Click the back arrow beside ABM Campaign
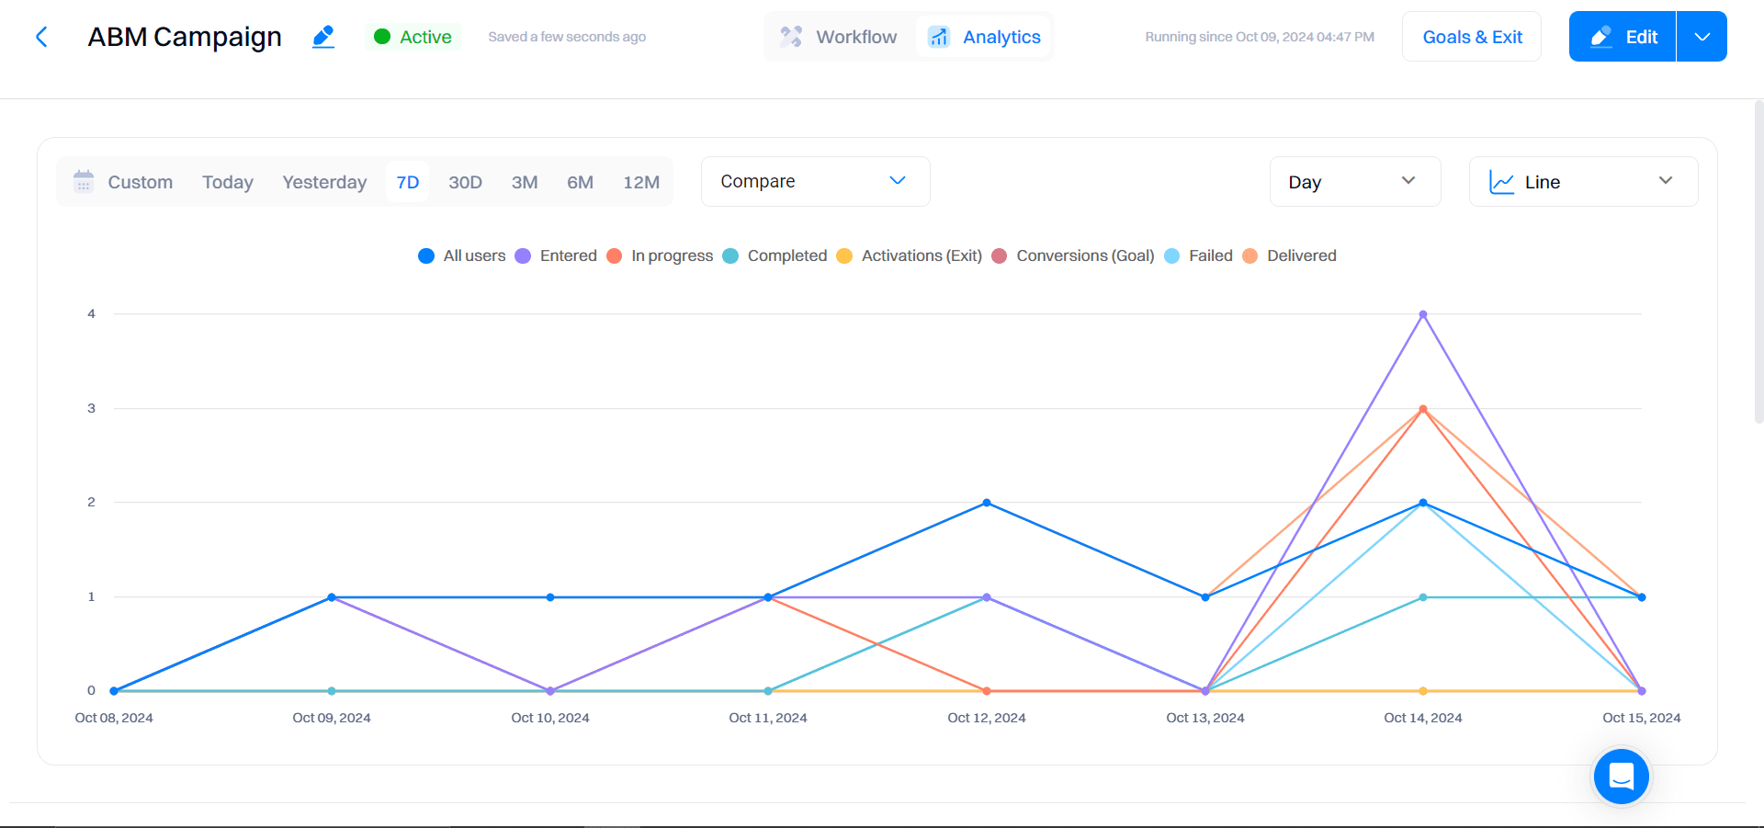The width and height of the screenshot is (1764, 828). pos(41,37)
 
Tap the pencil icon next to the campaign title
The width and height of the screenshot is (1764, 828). pos(323,37)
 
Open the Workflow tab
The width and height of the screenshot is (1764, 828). pos(839,37)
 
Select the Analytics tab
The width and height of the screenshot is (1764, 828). pos(984,37)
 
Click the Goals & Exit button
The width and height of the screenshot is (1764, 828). pos(1472,37)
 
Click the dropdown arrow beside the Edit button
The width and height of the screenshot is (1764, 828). pos(1702,37)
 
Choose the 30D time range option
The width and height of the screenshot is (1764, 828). pos(465,182)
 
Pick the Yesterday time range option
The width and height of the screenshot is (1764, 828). pos(324,182)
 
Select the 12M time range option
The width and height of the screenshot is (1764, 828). pos(641,182)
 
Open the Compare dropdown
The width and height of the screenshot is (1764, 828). pos(815,181)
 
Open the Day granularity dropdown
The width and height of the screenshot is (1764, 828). pos(1354,182)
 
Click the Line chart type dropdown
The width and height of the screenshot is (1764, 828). pos(1583,182)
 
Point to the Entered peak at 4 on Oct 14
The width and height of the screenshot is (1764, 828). pos(1423,314)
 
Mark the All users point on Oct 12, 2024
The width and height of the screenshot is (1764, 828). pos(987,503)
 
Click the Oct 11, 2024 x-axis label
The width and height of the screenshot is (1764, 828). pos(768,718)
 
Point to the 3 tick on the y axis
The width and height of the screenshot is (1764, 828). pos(91,408)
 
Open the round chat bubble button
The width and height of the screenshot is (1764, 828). pos(1622,777)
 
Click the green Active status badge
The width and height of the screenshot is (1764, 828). pos(413,37)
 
